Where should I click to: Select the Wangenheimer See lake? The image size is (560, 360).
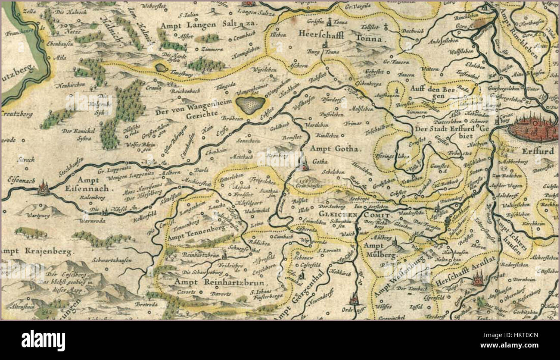tap(251, 104)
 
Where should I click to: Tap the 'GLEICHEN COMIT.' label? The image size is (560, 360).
tap(354, 214)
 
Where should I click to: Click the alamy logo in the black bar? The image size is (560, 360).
tap(43, 340)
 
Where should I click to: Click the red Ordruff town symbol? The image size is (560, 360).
tap(354, 298)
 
